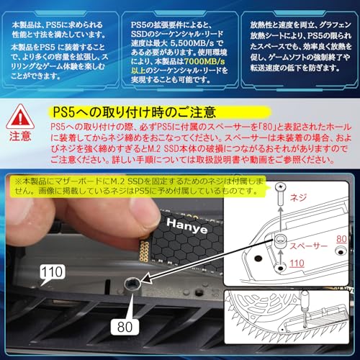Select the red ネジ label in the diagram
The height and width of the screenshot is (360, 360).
pos(296,215)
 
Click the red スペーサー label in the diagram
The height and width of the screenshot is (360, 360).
pos(312,246)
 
